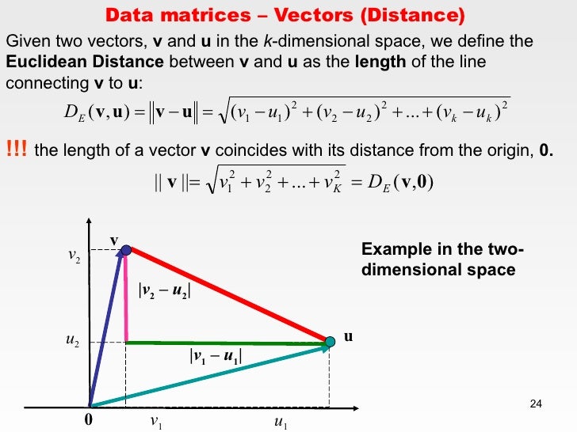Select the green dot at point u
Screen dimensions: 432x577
tap(331, 342)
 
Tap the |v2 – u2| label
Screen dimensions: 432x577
tap(165, 290)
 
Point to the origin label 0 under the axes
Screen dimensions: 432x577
tap(88, 421)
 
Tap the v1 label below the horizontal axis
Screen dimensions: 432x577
tap(156, 423)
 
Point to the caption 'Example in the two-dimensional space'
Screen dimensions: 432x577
tap(441, 260)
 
